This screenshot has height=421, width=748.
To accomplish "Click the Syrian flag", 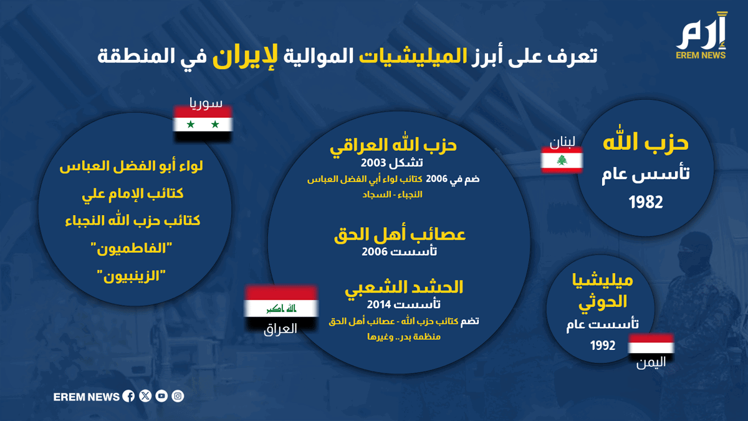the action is pyautogui.click(x=203, y=124).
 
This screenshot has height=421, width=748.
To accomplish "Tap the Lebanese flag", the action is pyautogui.click(x=562, y=160).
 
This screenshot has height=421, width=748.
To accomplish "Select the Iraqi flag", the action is pyautogui.click(x=281, y=307).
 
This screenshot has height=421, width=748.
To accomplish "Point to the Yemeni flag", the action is pyautogui.click(x=651, y=347).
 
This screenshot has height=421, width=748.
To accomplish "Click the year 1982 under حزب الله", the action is pyautogui.click(x=646, y=203).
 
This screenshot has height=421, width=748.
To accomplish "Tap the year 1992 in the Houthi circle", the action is pyautogui.click(x=602, y=346).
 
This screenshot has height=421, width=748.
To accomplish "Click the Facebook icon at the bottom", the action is pyautogui.click(x=128, y=396).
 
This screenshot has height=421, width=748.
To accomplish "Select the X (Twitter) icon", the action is pyautogui.click(x=145, y=396).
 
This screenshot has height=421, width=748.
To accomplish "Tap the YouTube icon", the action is pyautogui.click(x=161, y=396).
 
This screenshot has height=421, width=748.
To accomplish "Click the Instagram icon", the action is pyautogui.click(x=178, y=396).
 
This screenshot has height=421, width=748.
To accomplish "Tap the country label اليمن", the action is pyautogui.click(x=651, y=362).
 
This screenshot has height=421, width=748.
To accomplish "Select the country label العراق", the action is pyautogui.click(x=280, y=329).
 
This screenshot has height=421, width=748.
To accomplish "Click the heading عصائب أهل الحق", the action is pyautogui.click(x=400, y=235).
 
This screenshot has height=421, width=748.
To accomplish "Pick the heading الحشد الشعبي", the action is pyautogui.click(x=404, y=288).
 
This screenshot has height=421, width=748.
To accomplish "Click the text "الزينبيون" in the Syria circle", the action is pyautogui.click(x=132, y=276).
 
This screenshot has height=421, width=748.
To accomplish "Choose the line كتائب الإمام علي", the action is pyautogui.click(x=133, y=194).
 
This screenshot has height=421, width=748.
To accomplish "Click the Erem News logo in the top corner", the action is pyautogui.click(x=701, y=36).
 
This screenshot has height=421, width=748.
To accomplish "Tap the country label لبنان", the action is pyautogui.click(x=562, y=142).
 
